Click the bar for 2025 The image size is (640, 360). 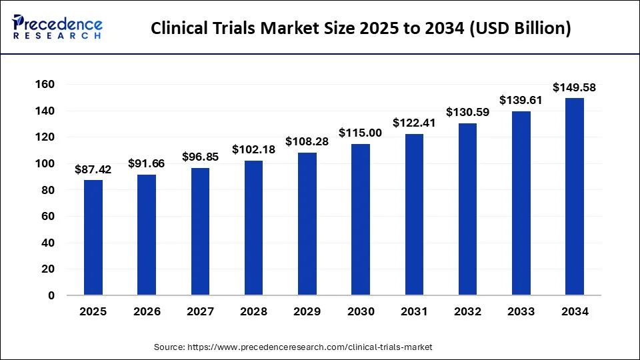click(93, 237)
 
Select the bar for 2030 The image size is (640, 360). click(361, 219)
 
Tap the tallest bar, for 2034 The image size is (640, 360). click(575, 197)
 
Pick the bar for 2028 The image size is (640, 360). click(254, 227)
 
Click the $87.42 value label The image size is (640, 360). click(93, 169)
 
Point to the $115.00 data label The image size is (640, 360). click(361, 133)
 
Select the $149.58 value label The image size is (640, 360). click(575, 87)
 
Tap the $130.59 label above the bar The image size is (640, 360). click(467, 113)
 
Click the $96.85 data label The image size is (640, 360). click(200, 157)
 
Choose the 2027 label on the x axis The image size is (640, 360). click(200, 311)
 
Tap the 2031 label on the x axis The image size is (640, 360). click(414, 311)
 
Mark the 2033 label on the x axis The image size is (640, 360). click(521, 311)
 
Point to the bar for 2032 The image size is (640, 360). click(467, 209)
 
